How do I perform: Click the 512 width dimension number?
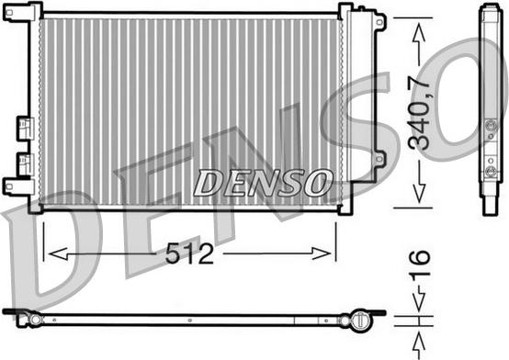(x=189, y=253)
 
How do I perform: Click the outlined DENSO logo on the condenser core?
(x=263, y=183)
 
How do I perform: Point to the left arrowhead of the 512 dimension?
(x=58, y=253)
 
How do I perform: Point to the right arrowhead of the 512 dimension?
(x=322, y=253)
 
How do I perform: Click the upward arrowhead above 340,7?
(x=419, y=32)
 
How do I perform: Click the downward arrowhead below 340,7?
(x=419, y=193)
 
